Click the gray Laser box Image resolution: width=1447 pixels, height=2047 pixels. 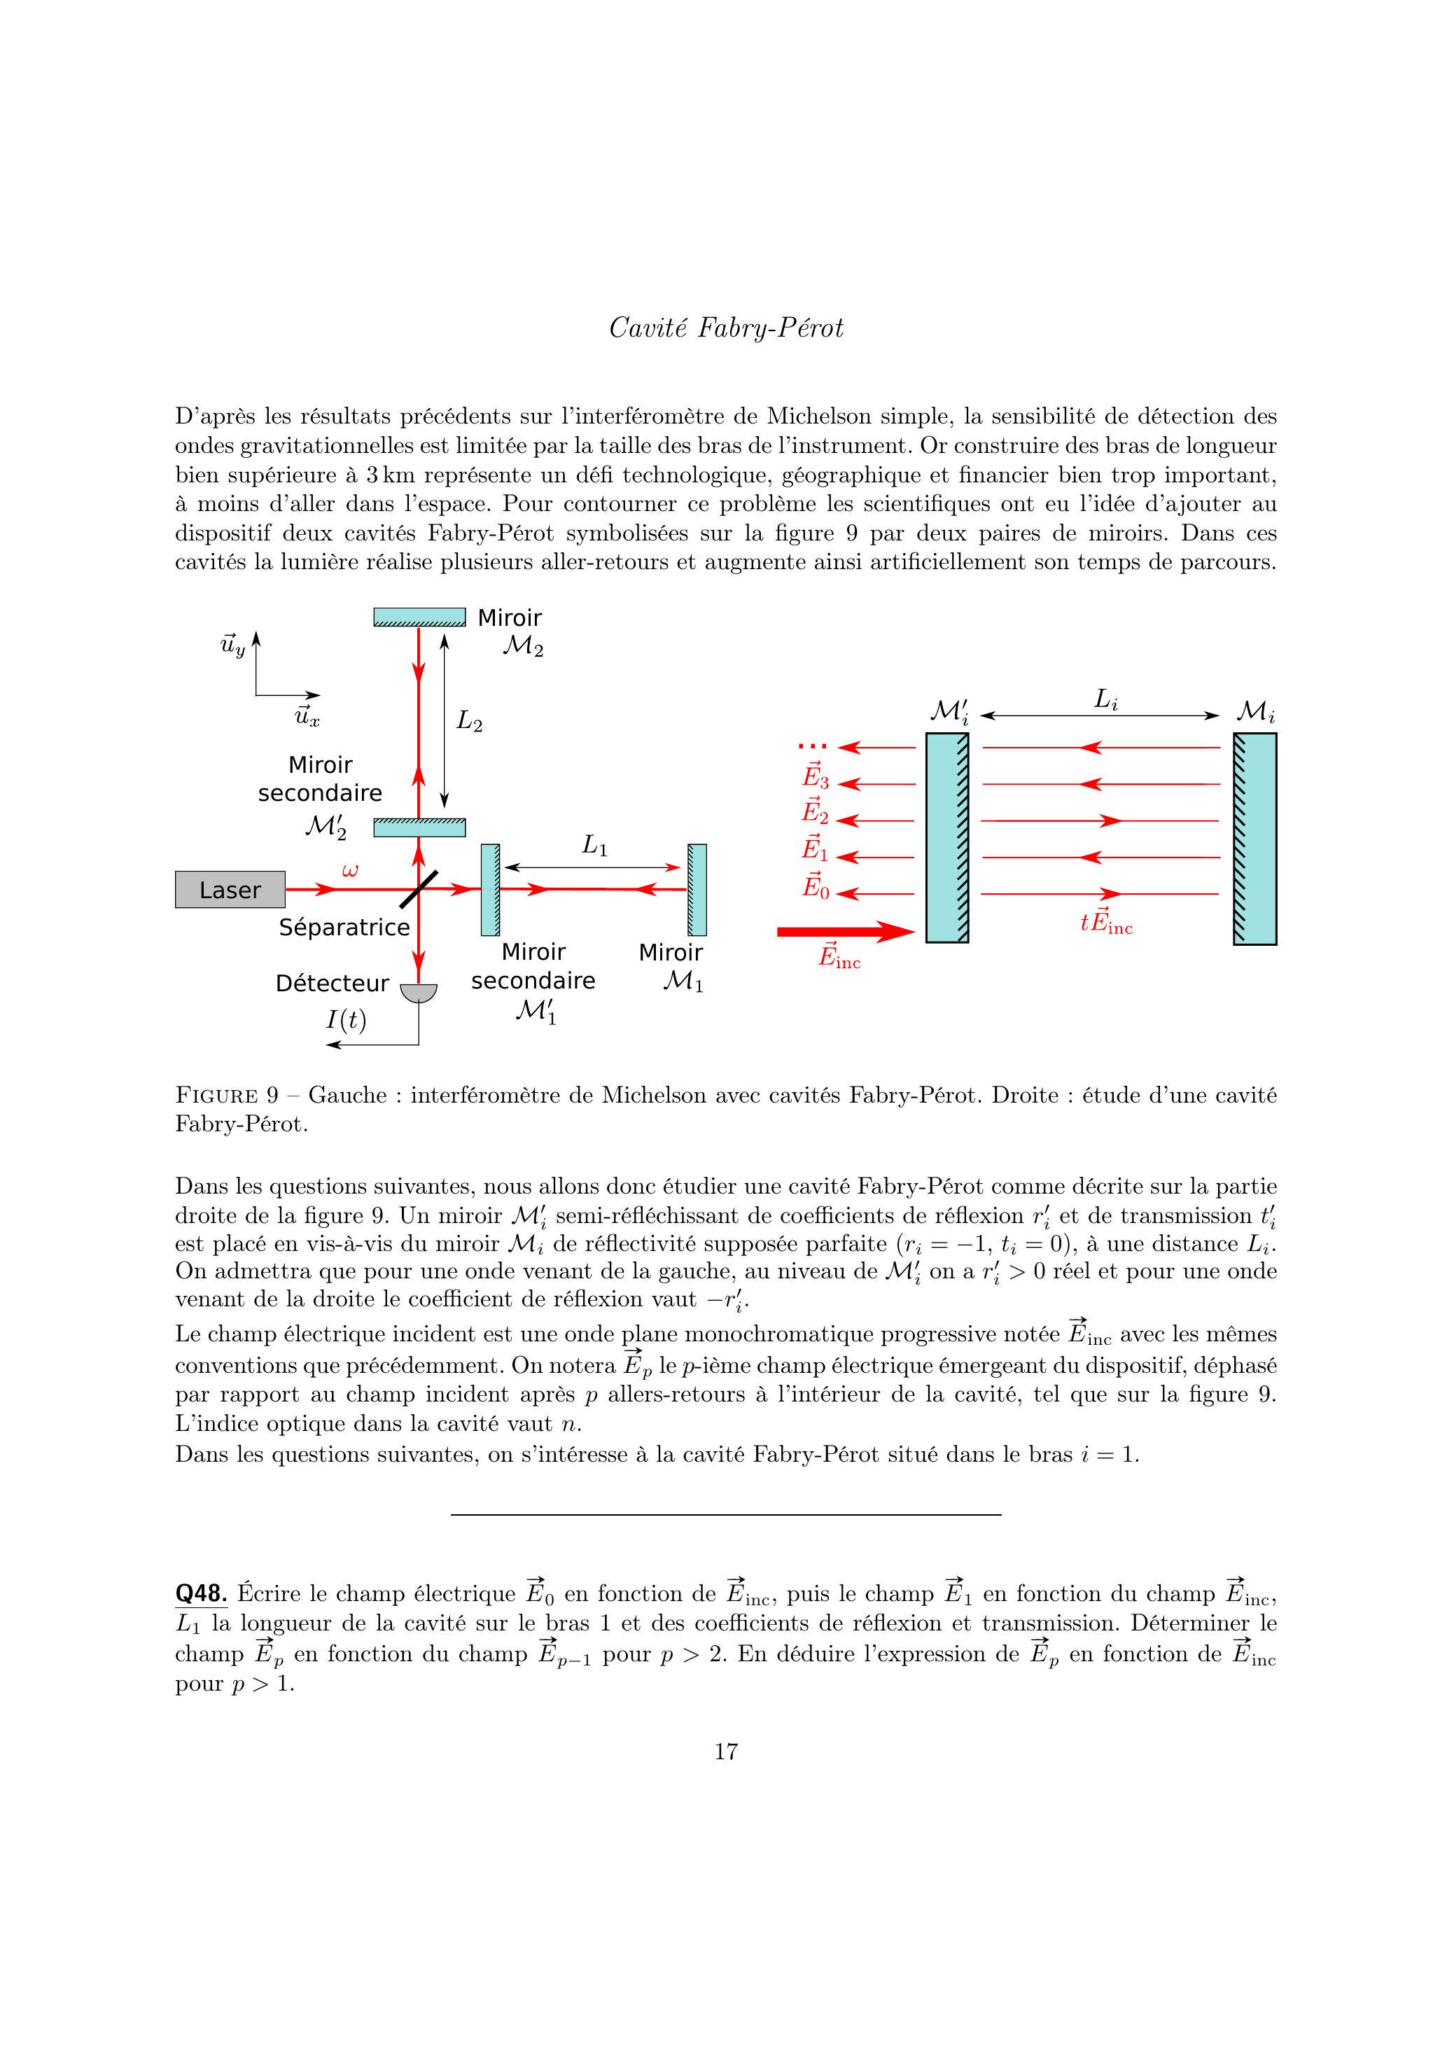(x=230, y=889)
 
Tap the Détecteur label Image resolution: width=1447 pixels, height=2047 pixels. (x=332, y=984)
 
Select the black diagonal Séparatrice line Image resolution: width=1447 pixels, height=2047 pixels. (x=418, y=889)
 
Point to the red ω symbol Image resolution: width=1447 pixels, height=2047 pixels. (x=351, y=869)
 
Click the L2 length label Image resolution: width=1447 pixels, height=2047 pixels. (x=469, y=720)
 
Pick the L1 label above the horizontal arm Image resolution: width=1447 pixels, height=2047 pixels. (x=594, y=844)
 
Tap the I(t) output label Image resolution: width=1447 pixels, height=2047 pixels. (x=346, y=1019)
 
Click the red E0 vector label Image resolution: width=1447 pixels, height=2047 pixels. (x=815, y=886)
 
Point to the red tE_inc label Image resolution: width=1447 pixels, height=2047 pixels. (x=1105, y=923)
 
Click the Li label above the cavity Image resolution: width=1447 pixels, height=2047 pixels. (x=1105, y=701)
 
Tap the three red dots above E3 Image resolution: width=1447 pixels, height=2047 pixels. (x=813, y=746)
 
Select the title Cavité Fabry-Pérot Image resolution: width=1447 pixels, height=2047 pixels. (x=726, y=329)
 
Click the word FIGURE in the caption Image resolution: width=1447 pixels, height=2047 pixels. (x=216, y=1095)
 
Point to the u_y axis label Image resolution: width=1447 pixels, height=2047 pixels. (x=232, y=645)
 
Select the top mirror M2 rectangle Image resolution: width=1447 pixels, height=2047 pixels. (x=419, y=617)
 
